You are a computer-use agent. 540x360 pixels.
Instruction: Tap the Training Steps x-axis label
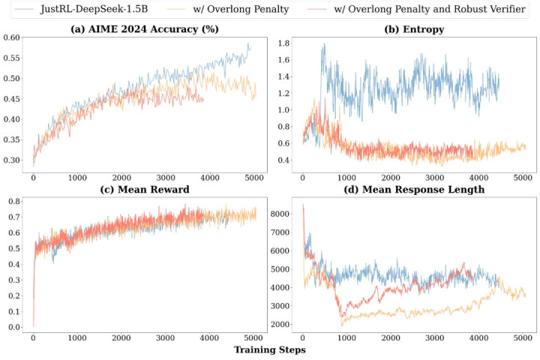click(270, 349)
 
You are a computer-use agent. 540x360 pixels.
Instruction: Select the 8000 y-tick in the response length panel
click(279, 214)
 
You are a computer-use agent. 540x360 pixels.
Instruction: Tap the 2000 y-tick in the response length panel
click(279, 323)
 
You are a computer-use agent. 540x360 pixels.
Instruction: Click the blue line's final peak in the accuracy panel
click(248, 45)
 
